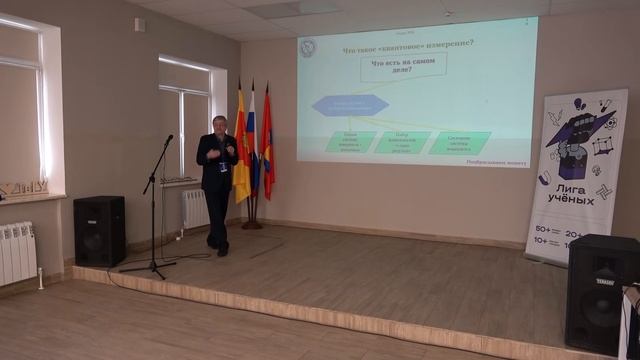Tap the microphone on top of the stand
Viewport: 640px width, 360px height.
coord(168,139)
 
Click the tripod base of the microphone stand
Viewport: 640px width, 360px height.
coord(149,266)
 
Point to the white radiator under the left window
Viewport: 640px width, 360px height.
coord(18,252)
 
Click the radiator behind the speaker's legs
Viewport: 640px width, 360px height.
coord(195,209)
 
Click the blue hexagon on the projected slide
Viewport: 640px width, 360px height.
coord(349,104)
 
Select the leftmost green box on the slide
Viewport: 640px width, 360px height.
coord(343,142)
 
